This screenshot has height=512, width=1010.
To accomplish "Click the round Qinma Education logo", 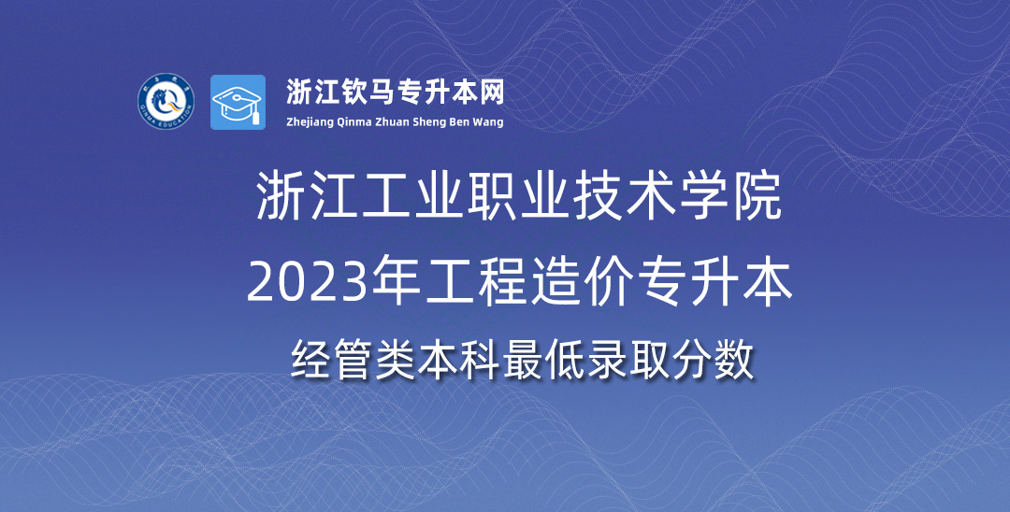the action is pyautogui.click(x=166, y=102).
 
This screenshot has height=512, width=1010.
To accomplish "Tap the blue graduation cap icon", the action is pyautogui.click(x=238, y=102).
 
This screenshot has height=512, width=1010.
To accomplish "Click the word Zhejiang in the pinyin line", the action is pyautogui.click(x=310, y=122).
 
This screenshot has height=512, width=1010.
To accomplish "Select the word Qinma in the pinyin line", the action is pyautogui.click(x=353, y=122).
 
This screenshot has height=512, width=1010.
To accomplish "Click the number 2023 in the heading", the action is pyautogui.click(x=301, y=285).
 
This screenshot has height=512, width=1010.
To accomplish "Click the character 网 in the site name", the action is pyautogui.click(x=493, y=92).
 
